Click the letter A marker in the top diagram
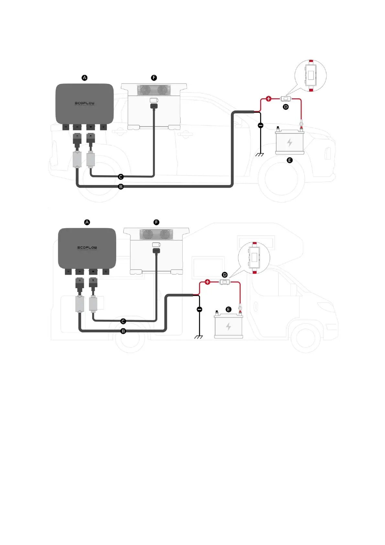[84, 78]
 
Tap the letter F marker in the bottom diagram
[157, 222]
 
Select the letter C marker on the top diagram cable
[121, 177]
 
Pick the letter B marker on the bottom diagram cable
[123, 331]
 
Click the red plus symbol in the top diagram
[269, 99]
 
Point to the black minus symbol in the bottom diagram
[200, 310]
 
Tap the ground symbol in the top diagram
[260, 154]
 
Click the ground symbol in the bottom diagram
[199, 337]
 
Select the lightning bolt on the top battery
[290, 142]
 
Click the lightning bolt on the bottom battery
[228, 326]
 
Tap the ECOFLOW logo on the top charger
[85, 103]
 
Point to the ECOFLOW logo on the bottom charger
[87, 248]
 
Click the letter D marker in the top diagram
[286, 107]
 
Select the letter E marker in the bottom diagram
[229, 310]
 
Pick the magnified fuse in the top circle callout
[311, 75]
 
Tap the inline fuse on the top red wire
[286, 98]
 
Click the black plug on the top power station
[154, 106]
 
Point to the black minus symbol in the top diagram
[261, 125]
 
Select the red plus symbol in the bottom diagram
[208, 282]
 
